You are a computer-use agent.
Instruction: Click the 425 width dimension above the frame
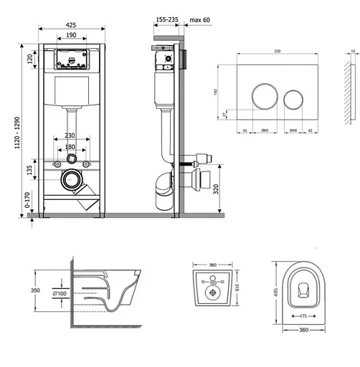pyautogui.click(x=71, y=23)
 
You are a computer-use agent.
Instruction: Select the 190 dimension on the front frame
pyautogui.click(x=71, y=35)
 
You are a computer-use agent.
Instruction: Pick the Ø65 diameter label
pyautogui.click(x=264, y=130)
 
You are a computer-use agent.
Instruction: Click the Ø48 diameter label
pyautogui.click(x=293, y=130)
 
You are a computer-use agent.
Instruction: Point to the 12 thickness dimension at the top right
pyautogui.click(x=352, y=52)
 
